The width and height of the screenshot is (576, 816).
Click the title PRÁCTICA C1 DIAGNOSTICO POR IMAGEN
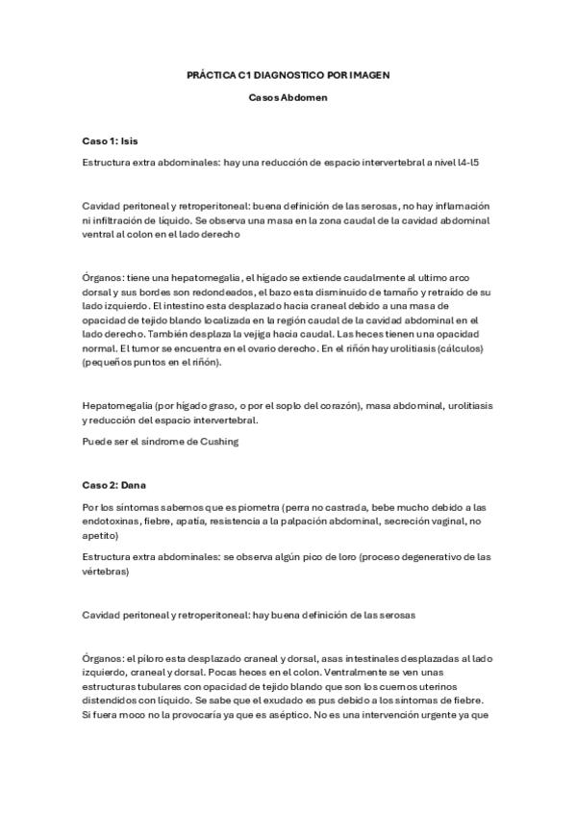coord(288,74)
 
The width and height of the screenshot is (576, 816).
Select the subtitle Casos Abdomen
coord(288,96)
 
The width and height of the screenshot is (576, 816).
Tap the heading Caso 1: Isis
coord(111,140)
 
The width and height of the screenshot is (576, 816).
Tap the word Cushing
coord(215,442)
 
